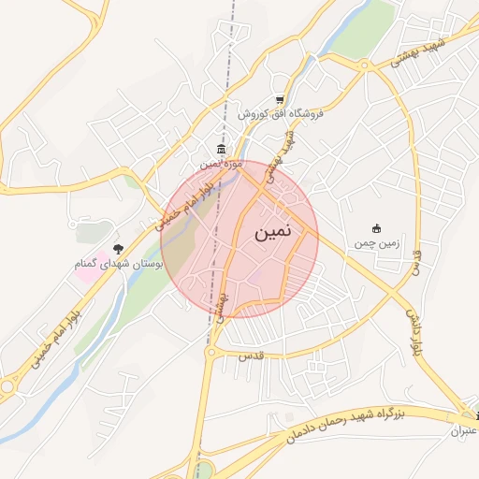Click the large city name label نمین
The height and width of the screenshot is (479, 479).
pyautogui.click(x=272, y=229)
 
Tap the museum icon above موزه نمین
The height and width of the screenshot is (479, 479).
pyautogui.click(x=221, y=150)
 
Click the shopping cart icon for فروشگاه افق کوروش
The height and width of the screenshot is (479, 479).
pyautogui.click(x=279, y=100)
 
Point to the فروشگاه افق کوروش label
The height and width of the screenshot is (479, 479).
pyautogui.click(x=279, y=113)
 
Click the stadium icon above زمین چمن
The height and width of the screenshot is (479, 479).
pyautogui.click(x=377, y=229)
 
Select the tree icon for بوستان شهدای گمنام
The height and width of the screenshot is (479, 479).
pyautogui.click(x=118, y=249)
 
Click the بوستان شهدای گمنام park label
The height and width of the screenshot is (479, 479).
pyautogui.click(x=119, y=265)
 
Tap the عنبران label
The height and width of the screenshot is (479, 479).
pyautogui.click(x=464, y=431)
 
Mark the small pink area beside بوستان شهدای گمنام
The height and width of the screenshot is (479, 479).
pyautogui.click(x=84, y=275)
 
